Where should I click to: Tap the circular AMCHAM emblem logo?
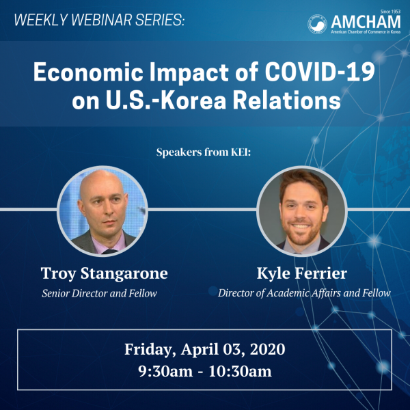(317, 24)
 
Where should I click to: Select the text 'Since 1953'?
(390, 12)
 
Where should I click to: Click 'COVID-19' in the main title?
(320, 72)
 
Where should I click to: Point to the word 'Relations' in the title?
(286, 100)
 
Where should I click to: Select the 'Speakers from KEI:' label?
(204, 152)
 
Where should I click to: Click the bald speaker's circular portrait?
(102, 211)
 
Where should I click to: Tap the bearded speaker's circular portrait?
(302, 211)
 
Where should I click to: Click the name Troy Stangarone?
(105, 273)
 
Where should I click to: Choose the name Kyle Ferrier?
(302, 273)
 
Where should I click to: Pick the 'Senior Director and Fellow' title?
(99, 293)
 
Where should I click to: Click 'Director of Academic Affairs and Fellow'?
(304, 293)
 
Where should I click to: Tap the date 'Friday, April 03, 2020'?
(205, 349)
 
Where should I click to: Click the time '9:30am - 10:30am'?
(205, 371)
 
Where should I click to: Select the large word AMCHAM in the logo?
(366, 22)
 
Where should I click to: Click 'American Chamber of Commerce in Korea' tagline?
(366, 32)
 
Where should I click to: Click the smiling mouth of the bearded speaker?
(301, 225)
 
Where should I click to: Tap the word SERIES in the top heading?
(160, 20)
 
